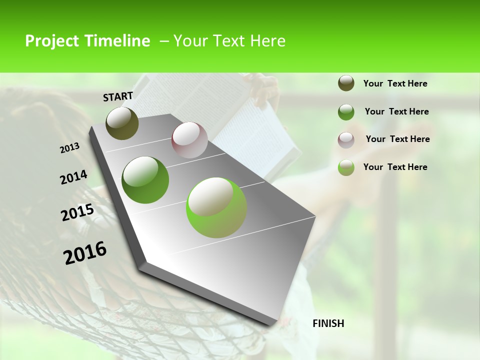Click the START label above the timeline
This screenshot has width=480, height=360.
[x=118, y=96]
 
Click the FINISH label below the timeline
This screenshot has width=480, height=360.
[x=328, y=323]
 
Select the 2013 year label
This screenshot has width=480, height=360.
[x=70, y=148]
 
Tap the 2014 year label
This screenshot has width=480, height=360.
[x=74, y=177]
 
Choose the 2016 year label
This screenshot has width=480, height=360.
[x=85, y=253]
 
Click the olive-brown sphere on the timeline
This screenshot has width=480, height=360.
[x=122, y=123]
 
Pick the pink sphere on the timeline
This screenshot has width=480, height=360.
[x=189, y=140]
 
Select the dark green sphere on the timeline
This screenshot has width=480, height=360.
[x=145, y=180]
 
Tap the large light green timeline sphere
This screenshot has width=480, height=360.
[x=216, y=207]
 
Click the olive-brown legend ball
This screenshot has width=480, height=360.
[x=346, y=83]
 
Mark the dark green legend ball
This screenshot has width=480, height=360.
[x=346, y=112]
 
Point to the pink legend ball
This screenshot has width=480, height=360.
[x=346, y=140]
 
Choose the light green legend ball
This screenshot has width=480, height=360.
[x=346, y=167]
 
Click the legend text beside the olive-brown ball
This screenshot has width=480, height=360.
[x=395, y=84]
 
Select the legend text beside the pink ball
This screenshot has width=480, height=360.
[x=397, y=139]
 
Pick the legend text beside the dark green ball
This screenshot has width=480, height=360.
[x=396, y=111]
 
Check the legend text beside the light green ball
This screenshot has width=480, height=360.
[x=395, y=167]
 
